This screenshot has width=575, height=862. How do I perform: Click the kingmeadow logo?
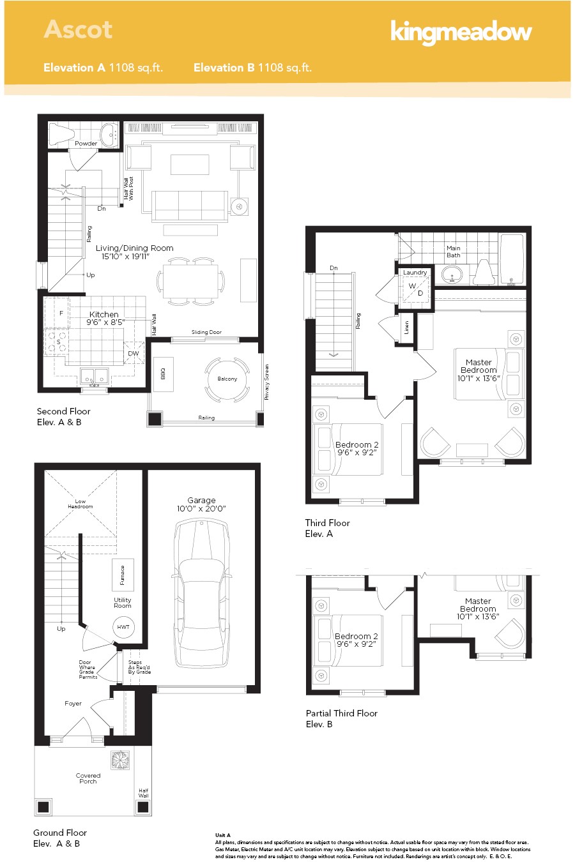pyautogui.click(x=461, y=32)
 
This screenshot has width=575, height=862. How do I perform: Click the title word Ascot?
pyautogui.click(x=78, y=29)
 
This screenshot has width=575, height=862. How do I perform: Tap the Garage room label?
pyautogui.click(x=201, y=501)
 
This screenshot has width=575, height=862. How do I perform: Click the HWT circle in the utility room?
pyautogui.click(x=123, y=627)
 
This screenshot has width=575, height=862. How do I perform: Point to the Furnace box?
pyautogui.click(x=122, y=575)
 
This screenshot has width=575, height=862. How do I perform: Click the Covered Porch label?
pyautogui.click(x=88, y=778)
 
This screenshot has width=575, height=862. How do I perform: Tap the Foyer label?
pyautogui.click(x=73, y=704)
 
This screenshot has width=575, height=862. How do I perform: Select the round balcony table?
pyautogui.click(x=227, y=379)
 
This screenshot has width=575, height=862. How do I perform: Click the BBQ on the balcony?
pyautogui.click(x=163, y=373)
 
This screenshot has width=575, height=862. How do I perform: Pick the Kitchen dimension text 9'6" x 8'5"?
pyautogui.click(x=105, y=322)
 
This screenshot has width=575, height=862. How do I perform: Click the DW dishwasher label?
pyautogui.click(x=133, y=353)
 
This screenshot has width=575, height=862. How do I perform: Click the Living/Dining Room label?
pyautogui.click(x=134, y=248)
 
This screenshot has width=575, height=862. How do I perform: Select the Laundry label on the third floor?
pyautogui.click(x=415, y=273)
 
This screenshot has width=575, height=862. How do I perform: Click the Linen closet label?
pyautogui.click(x=407, y=328)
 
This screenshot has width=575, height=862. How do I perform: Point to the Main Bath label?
pyautogui.click(x=454, y=252)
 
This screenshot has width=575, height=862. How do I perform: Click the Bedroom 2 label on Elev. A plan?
pyautogui.click(x=356, y=445)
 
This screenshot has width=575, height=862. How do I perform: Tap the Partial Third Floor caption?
pyautogui.click(x=341, y=713)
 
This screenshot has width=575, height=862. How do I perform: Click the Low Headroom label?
pyautogui.click(x=80, y=504)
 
